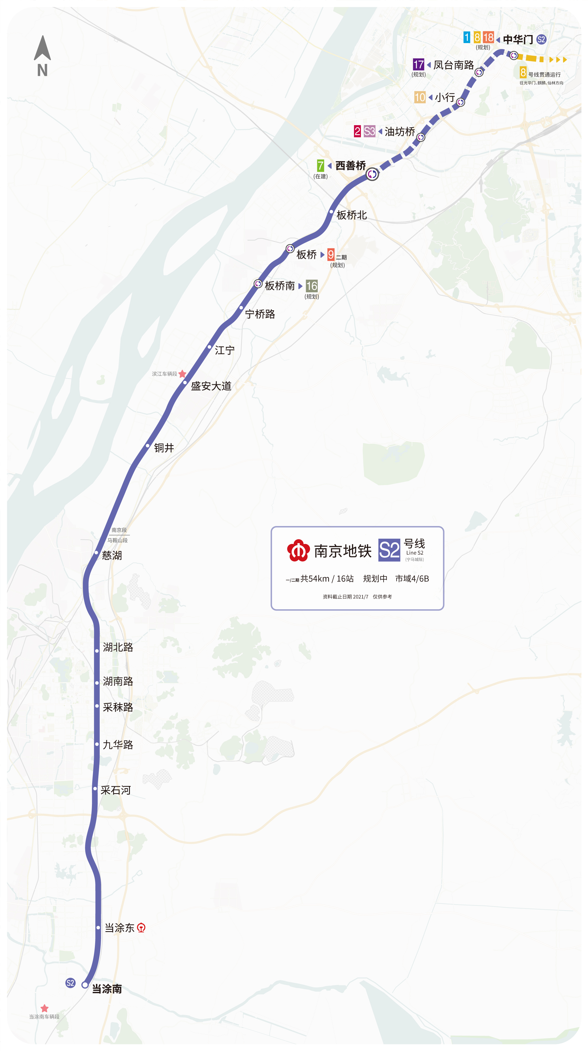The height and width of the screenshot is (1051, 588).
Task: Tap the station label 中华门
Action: (x=518, y=40)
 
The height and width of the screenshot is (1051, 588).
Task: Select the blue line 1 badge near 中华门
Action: (x=466, y=37)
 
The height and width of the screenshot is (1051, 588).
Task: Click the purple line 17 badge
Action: (x=418, y=64)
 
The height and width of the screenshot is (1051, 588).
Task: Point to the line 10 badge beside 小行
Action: (x=420, y=97)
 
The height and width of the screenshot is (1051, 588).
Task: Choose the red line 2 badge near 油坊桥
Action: (x=357, y=131)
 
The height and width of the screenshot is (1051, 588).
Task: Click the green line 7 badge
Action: (x=320, y=166)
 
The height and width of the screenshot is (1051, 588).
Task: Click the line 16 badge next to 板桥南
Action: (x=312, y=286)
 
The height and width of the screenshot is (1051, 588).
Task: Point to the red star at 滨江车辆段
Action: (x=182, y=374)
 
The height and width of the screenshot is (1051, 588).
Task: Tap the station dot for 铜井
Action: (x=148, y=446)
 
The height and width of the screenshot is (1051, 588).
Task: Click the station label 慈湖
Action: (x=112, y=555)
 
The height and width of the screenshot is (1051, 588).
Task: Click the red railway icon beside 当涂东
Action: (x=141, y=928)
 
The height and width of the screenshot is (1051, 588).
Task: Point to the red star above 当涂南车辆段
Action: (x=44, y=1008)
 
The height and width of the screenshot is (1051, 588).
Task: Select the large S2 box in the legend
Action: (x=389, y=550)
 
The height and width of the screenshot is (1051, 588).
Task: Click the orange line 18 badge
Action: (x=488, y=37)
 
